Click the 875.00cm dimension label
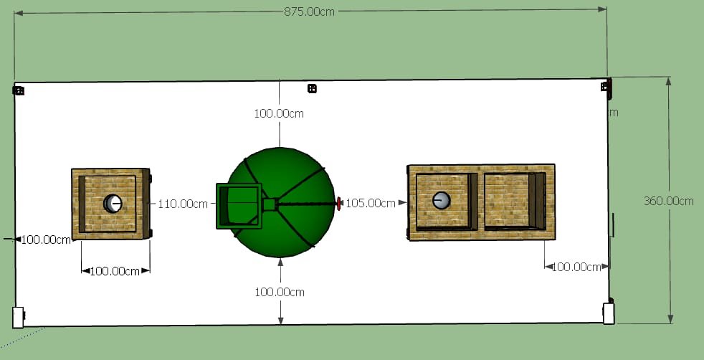coord(310,11)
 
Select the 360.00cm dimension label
coord(669,201)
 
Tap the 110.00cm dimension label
coord(183,204)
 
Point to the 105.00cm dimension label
coord(371,203)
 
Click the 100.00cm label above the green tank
coord(279,113)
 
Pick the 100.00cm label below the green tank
coord(280,292)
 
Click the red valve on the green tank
coord(338,204)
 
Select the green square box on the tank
coord(239,206)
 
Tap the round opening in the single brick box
coord(113,204)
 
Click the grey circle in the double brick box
coord(442,200)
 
